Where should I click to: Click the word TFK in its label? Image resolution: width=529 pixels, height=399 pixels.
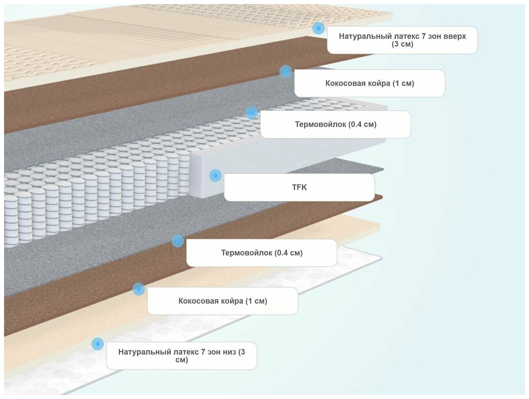coord(299,187)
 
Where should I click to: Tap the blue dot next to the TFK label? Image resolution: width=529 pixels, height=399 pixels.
coord(215,176)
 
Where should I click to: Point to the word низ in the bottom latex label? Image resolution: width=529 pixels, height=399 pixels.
coord(228,352)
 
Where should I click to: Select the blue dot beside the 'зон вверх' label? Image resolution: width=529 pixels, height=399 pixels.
coord(318,28)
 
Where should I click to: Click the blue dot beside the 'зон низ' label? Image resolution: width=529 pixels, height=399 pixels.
coord(97,344)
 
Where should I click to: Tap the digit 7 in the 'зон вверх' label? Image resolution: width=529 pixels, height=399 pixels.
coord(424,36)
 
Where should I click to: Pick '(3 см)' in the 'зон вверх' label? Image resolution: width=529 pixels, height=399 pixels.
coord(402,44)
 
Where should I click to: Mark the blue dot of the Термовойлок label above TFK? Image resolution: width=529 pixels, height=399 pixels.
coord(252,112)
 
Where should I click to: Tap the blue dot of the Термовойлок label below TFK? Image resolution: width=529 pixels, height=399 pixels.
coord(178,241)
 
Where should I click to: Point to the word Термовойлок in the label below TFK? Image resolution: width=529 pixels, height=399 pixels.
coord(246,253)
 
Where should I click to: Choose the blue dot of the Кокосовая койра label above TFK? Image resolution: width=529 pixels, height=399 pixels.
coord(286,71)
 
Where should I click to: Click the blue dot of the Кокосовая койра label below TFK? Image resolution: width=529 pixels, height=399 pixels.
coord(139,289)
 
